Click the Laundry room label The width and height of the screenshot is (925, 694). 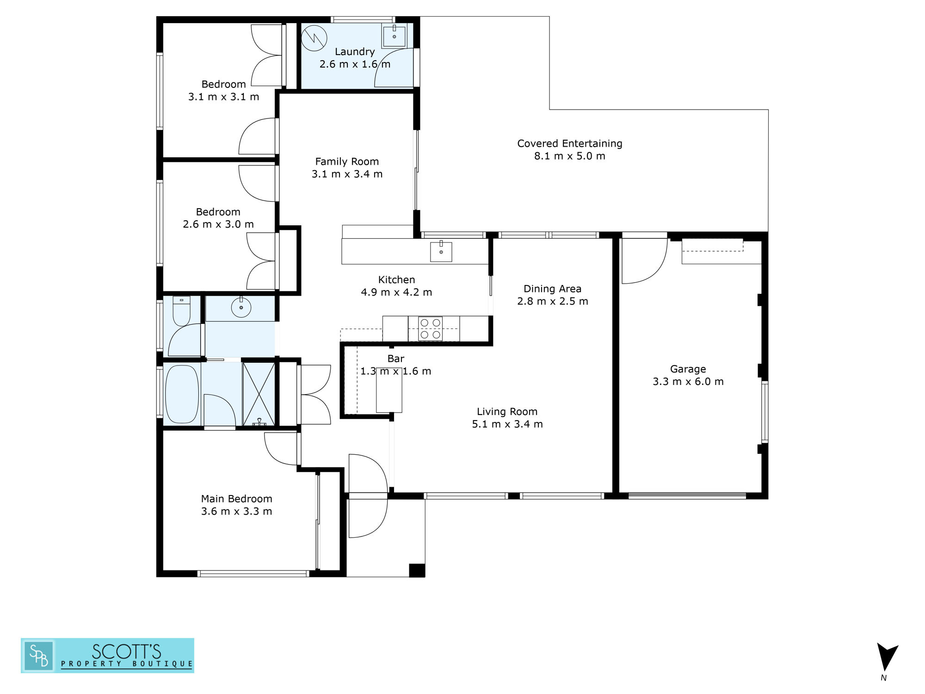pos(355,52)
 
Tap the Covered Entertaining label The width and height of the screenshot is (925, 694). pos(570,143)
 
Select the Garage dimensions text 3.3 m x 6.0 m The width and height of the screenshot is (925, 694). pos(688,382)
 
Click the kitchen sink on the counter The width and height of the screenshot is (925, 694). pos(441,251)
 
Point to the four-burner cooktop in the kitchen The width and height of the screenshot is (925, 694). pos(430,328)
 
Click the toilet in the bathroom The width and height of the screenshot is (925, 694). pos(181,311)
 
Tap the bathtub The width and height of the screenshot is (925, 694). pos(182,394)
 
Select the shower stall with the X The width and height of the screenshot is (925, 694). pos(259,394)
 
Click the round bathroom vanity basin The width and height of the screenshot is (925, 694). pos(241,307)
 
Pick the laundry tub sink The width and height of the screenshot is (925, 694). pos(394,35)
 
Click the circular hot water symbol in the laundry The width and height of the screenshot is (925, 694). pos(314,38)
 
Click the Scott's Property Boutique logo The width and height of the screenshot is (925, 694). pos(107,656)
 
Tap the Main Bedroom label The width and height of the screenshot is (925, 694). pos(236,499)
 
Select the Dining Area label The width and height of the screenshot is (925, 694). pos(552,289)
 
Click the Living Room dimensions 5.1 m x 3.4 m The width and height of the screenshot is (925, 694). pos(507,424)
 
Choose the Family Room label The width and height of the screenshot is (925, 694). pos(347,161)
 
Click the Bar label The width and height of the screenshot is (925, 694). pos(396,359)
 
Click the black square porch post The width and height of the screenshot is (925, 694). pos(417,570)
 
